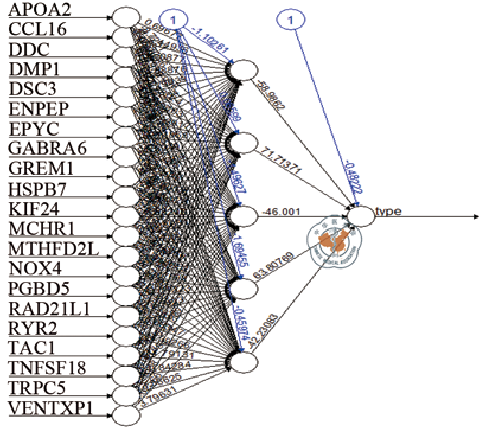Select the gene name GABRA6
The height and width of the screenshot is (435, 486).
click(x=47, y=148)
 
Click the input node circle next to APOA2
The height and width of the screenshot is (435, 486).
click(x=126, y=17)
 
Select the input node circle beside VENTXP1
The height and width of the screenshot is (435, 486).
click(x=126, y=415)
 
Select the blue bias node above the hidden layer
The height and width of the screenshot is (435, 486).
click(x=172, y=20)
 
